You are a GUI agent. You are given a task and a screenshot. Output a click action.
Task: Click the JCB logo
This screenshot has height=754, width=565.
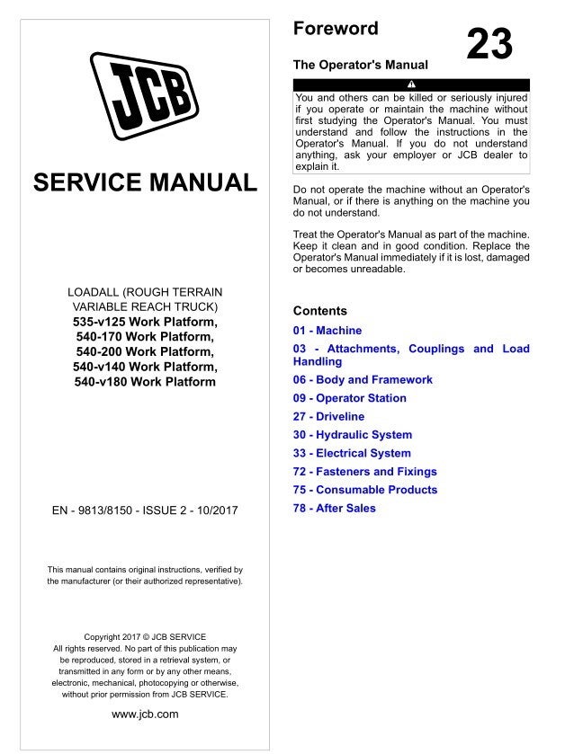[145, 93]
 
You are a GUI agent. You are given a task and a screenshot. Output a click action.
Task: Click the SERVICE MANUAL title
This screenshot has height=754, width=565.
[145, 182]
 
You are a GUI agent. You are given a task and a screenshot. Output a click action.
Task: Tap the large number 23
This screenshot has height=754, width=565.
[489, 44]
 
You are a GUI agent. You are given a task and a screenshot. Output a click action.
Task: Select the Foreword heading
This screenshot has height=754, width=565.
[336, 29]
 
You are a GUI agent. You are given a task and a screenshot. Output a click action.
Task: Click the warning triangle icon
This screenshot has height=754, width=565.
[411, 85]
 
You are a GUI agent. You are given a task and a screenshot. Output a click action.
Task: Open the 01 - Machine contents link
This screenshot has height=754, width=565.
[327, 331]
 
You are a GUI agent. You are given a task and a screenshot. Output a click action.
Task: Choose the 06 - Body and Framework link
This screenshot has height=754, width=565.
[363, 380]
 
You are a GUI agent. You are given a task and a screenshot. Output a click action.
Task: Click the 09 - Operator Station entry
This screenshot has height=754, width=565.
[350, 398]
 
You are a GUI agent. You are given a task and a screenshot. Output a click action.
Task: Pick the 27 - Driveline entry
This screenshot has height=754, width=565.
[329, 417]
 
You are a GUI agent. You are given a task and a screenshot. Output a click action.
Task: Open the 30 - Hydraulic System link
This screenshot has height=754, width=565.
[353, 435]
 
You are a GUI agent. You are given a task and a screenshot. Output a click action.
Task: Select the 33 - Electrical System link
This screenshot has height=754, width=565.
[352, 454]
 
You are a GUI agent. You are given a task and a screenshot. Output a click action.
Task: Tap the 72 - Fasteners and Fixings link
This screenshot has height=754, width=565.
[365, 472]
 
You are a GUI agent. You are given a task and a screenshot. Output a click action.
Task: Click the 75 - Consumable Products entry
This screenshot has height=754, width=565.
[365, 490]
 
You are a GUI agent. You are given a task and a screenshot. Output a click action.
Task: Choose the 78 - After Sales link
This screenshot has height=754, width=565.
[335, 509]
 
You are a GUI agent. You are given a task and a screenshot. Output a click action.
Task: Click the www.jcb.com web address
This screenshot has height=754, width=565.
[145, 714]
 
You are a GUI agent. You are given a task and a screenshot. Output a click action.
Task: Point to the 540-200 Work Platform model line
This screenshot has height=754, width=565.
[145, 351]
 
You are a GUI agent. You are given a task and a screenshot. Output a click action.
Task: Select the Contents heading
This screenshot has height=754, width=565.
[320, 311]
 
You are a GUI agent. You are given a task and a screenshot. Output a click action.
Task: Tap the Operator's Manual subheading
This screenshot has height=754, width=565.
[361, 65]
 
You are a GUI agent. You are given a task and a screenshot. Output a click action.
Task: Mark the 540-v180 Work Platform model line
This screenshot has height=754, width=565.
[145, 381]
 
